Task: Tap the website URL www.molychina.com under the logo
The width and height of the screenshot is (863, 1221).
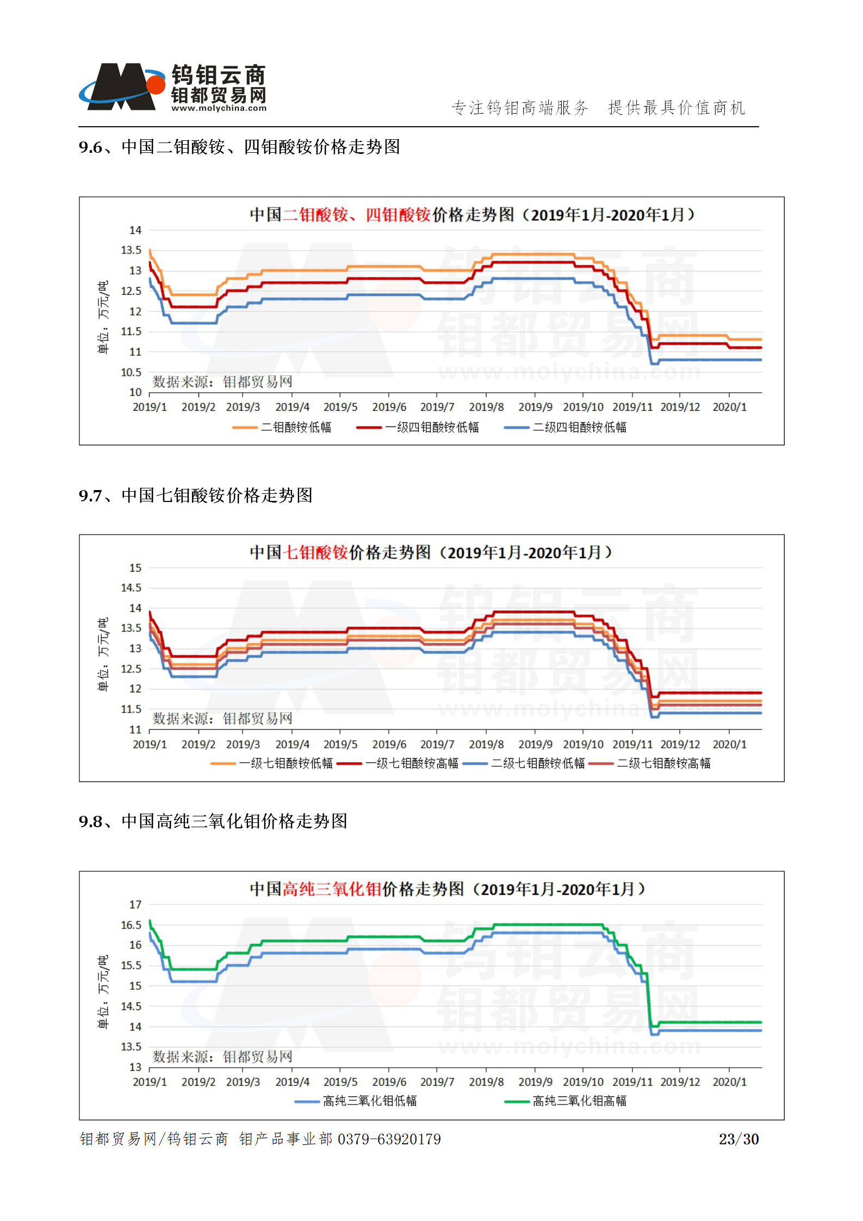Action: pos(219,108)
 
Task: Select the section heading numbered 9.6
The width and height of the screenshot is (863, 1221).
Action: pos(239,147)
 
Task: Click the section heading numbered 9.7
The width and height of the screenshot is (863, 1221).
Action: pos(195,495)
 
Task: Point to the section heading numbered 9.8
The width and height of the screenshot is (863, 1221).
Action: pos(213,821)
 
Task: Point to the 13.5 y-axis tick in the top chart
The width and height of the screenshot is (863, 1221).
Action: pos(131,250)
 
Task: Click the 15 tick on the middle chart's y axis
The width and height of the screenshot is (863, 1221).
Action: pos(135,568)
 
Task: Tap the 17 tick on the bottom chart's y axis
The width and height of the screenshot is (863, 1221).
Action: pos(135,904)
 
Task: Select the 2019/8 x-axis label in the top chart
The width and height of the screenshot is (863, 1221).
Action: pos(486,407)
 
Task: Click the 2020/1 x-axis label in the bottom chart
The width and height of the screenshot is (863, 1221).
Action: pos(729,1082)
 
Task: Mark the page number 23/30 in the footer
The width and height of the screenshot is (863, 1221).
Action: pos(738,1139)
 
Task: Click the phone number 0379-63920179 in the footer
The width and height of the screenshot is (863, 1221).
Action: pos(389,1139)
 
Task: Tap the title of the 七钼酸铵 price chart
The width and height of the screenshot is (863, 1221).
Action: pos(431,553)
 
